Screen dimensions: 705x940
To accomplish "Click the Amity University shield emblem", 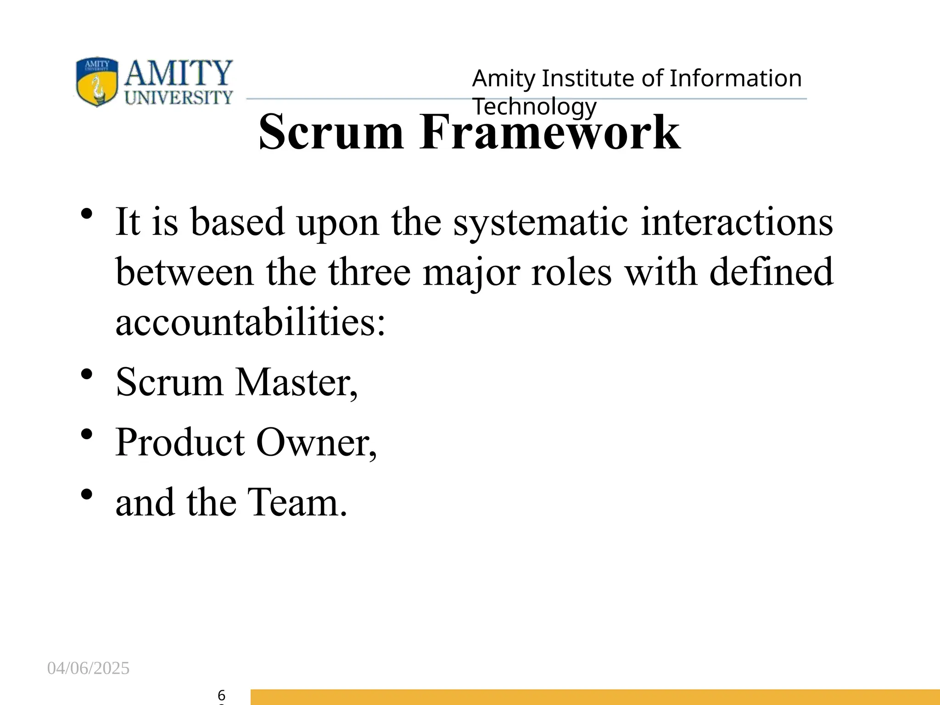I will (97, 82).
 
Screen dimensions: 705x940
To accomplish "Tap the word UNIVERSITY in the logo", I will (179, 98).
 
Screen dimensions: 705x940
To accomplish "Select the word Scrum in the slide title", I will (331, 133).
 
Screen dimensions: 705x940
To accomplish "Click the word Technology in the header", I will (534, 106).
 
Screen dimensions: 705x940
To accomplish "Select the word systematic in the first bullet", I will (541, 223).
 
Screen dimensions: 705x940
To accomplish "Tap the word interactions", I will (736, 223).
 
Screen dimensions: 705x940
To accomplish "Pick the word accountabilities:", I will (250, 322).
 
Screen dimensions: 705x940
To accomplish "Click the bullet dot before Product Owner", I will (86, 434).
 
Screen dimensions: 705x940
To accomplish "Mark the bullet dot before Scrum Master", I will (86, 374).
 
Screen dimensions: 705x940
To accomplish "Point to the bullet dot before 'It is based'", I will (86, 214).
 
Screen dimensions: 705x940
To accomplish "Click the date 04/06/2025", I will (89, 668).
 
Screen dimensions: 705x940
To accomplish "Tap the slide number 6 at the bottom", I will (221, 695).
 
